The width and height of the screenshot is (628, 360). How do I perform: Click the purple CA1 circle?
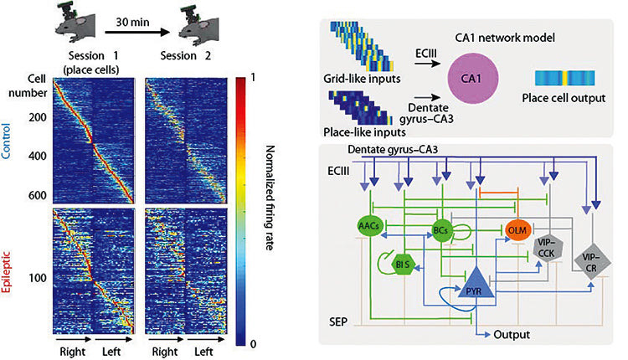(472, 79)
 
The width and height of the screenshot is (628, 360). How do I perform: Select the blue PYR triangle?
(476, 285)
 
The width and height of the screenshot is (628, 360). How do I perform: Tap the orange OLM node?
(517, 230)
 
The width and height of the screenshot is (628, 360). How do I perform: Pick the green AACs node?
(369, 226)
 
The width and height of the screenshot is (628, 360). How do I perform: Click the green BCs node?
(441, 230)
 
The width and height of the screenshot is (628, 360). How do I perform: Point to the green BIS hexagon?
(403, 265)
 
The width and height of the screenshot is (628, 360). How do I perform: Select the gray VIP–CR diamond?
(591, 263)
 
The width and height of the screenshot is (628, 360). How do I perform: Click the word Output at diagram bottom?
(512, 334)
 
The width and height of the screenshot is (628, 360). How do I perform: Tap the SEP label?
(338, 322)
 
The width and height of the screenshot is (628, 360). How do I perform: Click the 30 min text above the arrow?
(132, 22)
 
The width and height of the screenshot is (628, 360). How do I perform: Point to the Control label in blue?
(6, 141)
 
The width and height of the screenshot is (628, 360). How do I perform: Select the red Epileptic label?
(6, 272)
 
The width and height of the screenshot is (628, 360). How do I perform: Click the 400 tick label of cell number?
(37, 156)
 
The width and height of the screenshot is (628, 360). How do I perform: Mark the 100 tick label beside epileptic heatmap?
(37, 277)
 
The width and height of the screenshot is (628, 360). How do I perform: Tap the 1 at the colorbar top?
(253, 76)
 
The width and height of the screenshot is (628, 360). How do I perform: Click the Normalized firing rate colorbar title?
(270, 198)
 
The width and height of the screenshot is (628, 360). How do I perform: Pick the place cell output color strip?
(564, 78)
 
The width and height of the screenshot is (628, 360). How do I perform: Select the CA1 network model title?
(505, 38)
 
